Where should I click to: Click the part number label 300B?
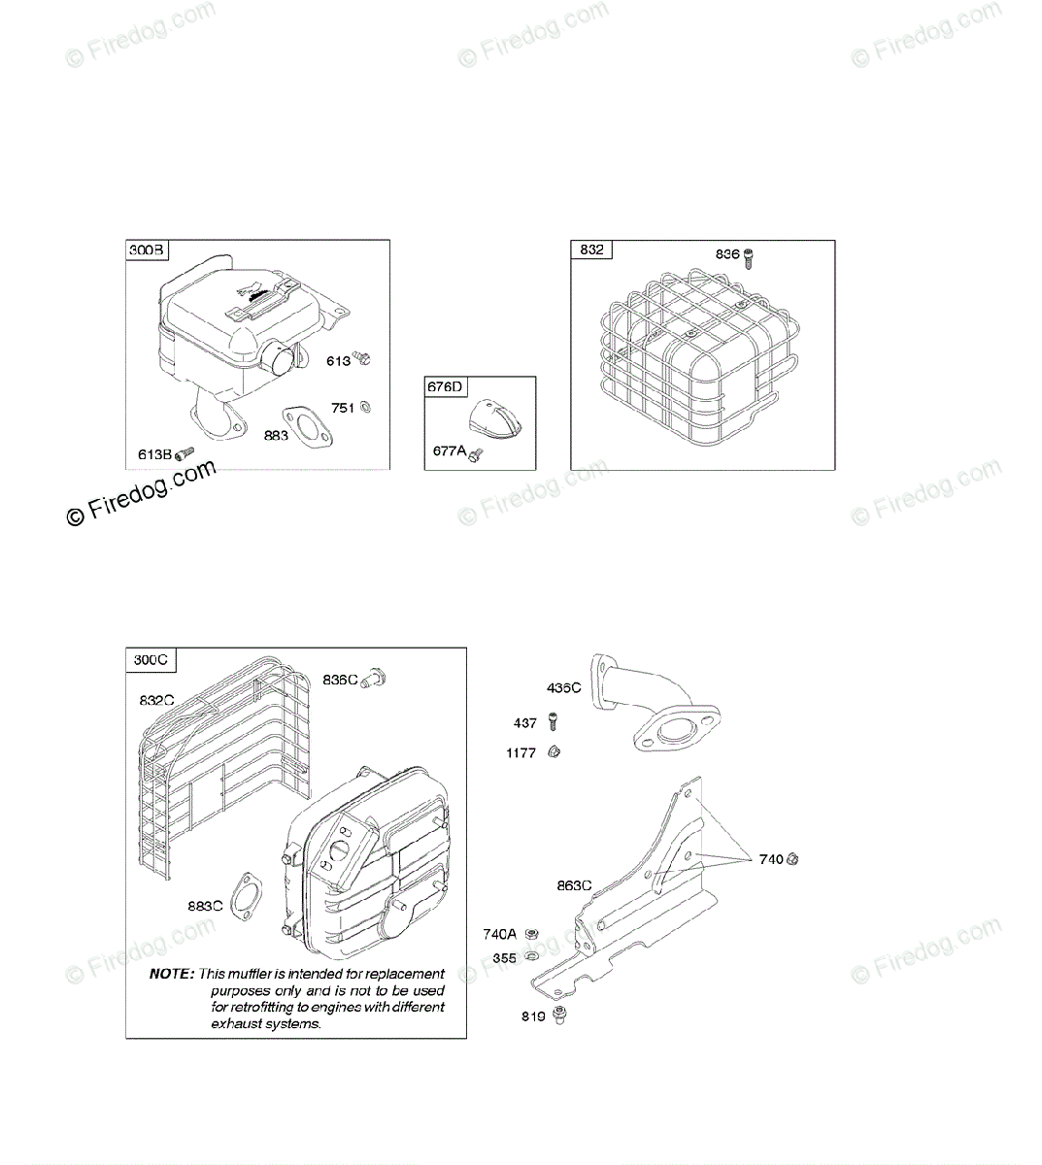[x=148, y=250]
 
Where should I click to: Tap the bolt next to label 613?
[x=362, y=358]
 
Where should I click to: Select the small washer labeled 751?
[x=365, y=408]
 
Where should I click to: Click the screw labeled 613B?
[x=185, y=453]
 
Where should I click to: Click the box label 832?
[x=591, y=250]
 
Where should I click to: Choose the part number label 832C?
[x=157, y=699]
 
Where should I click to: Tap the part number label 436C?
[x=564, y=688]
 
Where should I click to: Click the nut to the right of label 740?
[x=793, y=858]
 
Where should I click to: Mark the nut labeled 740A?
[x=531, y=934]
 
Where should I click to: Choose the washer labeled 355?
[x=532, y=957]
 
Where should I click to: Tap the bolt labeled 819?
[x=558, y=1015]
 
